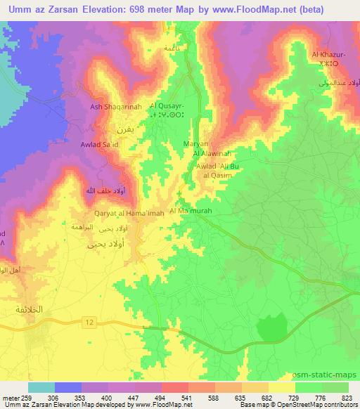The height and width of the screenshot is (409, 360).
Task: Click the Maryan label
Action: coord(195,143)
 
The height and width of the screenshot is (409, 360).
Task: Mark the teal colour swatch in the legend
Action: coord(41,388)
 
